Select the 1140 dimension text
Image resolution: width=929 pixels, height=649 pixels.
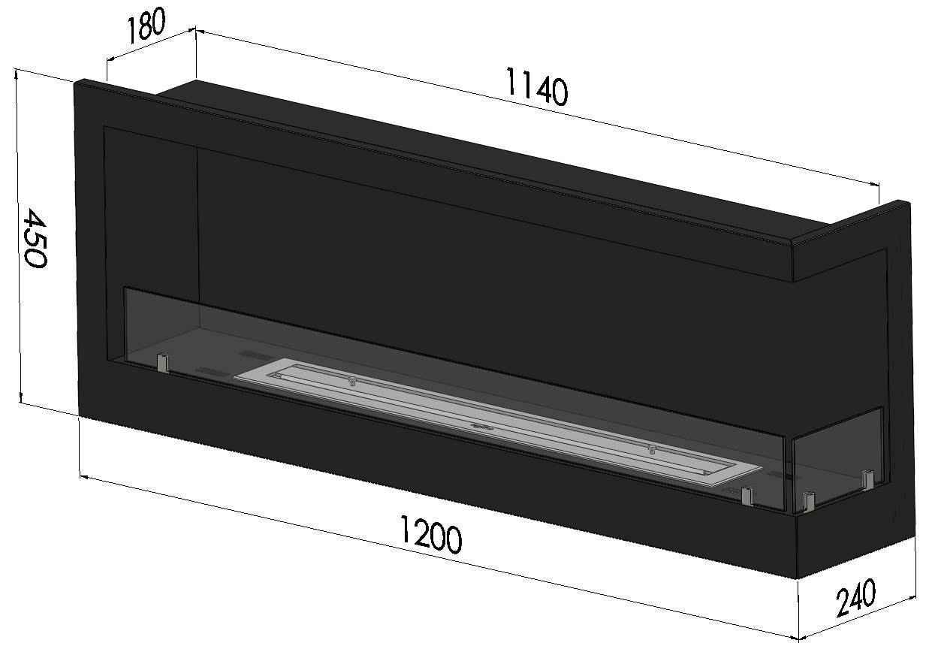536,86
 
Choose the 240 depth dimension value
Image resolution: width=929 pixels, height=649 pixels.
855,598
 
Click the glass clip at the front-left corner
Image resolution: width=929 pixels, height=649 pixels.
162,363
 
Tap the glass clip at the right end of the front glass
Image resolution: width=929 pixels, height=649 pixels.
747,495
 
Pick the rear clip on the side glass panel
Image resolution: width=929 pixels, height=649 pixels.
869,479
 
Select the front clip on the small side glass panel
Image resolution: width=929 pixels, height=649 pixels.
808,500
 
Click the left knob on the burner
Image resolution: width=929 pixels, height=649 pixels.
351,382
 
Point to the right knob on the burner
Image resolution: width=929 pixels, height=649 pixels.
651,449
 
